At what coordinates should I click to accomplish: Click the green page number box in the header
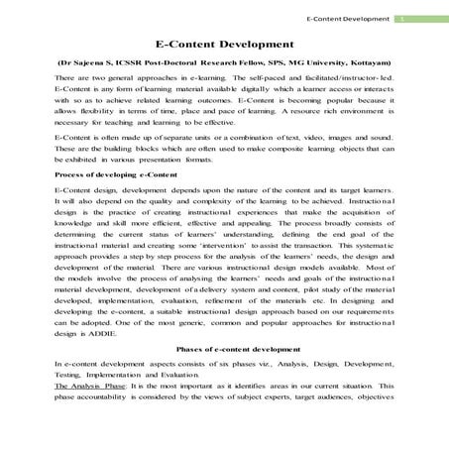tap(401, 19)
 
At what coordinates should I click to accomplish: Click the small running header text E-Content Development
tap(349, 19)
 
